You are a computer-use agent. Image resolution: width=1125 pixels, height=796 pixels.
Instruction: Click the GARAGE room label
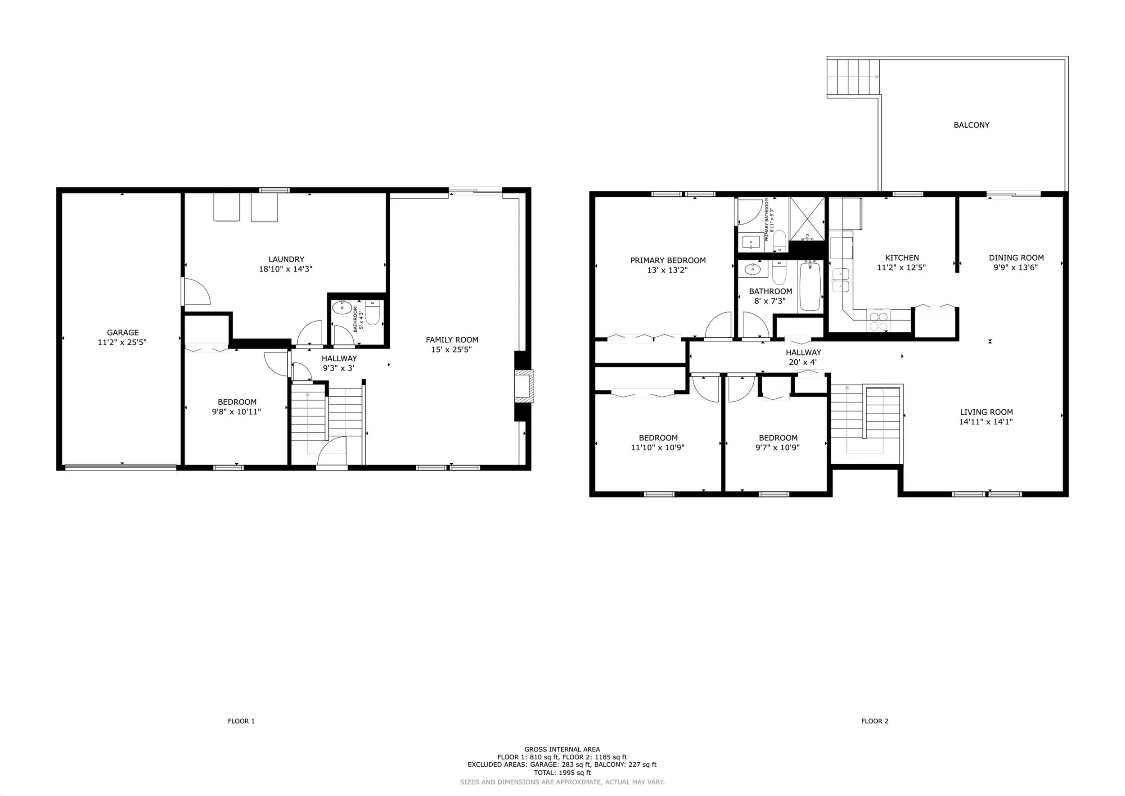coord(122,332)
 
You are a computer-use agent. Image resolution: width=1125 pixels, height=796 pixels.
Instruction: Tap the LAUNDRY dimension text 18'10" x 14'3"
coord(286,269)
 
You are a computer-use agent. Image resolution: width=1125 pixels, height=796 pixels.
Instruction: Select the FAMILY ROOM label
coord(452,339)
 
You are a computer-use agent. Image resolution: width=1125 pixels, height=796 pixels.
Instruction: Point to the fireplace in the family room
coord(524,386)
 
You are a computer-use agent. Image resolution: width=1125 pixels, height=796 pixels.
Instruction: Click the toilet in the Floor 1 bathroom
coord(373,313)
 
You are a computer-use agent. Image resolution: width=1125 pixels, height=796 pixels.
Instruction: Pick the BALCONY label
coord(971,125)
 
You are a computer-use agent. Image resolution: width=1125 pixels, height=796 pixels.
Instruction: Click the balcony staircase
coord(853,77)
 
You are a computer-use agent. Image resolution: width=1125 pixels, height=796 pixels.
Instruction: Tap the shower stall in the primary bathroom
coord(807,219)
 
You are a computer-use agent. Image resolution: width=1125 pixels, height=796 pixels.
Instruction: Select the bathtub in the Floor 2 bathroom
coord(811,287)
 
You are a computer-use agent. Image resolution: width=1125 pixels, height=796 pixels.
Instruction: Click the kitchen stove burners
coord(878,321)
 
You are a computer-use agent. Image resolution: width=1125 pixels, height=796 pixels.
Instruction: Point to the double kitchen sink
coord(841,280)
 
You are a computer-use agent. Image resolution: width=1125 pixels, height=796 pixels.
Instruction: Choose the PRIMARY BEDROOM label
coord(668,261)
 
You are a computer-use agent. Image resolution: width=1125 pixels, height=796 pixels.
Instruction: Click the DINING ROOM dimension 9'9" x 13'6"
coord(1016,267)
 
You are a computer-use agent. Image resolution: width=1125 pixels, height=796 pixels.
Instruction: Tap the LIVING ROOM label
coord(986,412)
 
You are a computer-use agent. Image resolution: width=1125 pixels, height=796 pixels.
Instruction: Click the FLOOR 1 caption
coord(241,721)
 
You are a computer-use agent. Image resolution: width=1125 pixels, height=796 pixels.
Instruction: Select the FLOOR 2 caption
coord(875,721)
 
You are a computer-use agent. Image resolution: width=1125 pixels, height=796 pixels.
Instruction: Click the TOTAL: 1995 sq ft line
coord(562,773)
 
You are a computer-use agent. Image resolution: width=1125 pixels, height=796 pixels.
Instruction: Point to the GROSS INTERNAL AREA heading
coord(562,750)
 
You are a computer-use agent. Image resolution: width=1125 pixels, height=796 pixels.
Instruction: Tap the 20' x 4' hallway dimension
coord(803,362)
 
